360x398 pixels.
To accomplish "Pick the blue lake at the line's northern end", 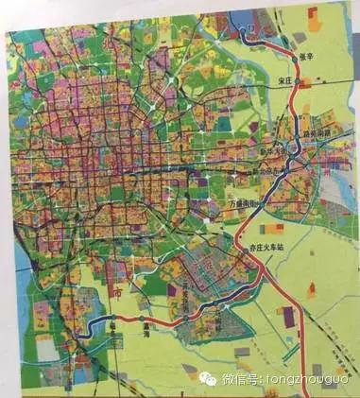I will [x=249, y=23].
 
